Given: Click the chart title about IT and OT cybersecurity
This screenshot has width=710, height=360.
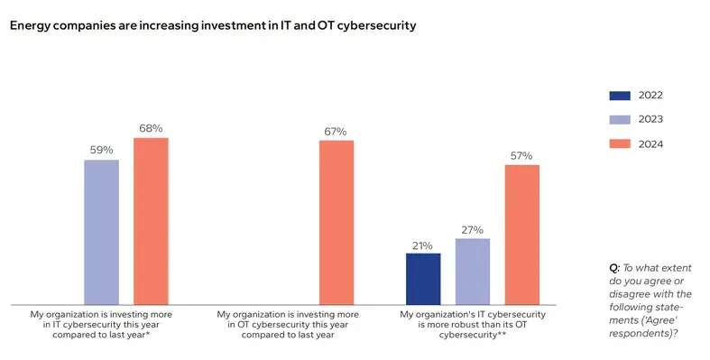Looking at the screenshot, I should [213, 26].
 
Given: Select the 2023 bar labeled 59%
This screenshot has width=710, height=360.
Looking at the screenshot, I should [101, 232].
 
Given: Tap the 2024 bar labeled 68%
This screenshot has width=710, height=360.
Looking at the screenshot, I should [151, 221].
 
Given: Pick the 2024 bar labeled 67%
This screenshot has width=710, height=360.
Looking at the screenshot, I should [336, 222].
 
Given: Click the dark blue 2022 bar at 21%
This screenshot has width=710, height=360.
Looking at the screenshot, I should [423, 279].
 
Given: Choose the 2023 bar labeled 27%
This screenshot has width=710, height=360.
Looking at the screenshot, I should [473, 272].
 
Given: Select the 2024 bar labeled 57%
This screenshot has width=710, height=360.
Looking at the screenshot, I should [521, 235].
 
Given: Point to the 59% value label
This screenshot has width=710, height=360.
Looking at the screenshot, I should [101, 151].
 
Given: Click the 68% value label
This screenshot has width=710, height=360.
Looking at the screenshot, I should [151, 128].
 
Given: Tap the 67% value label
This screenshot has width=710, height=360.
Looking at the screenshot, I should [336, 131].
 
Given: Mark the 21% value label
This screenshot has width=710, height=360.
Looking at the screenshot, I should [423, 245].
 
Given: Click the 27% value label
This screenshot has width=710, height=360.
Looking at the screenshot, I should [473, 230].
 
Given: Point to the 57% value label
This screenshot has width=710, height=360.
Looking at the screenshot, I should [521, 155].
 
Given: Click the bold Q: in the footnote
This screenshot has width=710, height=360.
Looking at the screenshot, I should [615, 269].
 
